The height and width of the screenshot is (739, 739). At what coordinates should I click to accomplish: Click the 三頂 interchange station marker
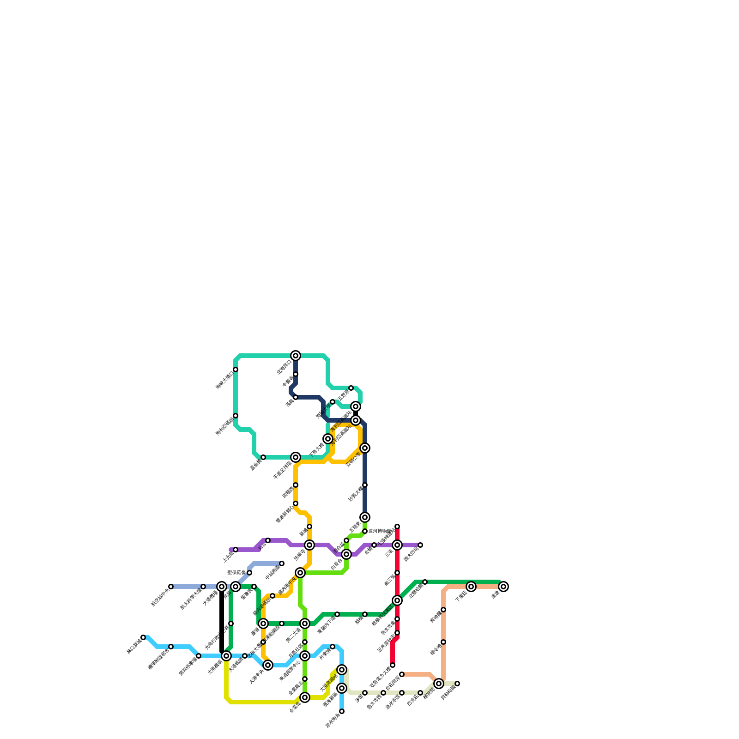[397, 545]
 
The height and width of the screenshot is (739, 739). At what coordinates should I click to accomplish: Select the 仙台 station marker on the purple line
[268, 540]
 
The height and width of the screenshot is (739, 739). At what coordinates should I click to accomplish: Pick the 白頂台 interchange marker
[346, 554]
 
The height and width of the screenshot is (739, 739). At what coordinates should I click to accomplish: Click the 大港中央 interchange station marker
[268, 665]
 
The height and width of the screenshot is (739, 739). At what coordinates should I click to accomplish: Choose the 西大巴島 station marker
[420, 545]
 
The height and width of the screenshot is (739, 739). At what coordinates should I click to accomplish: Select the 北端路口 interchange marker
[296, 356]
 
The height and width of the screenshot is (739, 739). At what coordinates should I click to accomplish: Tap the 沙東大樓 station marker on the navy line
[365, 485]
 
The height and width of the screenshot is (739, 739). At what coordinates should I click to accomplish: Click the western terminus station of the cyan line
[143, 637]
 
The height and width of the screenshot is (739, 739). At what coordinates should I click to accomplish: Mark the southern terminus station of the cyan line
[342, 711]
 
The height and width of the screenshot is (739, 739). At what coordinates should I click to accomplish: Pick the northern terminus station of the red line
[397, 527]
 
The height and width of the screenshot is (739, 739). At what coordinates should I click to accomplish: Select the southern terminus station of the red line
[393, 665]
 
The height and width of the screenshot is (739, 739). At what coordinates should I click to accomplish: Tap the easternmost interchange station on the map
[503, 587]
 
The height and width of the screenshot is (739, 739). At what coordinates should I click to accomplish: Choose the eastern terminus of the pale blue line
[282, 563]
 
